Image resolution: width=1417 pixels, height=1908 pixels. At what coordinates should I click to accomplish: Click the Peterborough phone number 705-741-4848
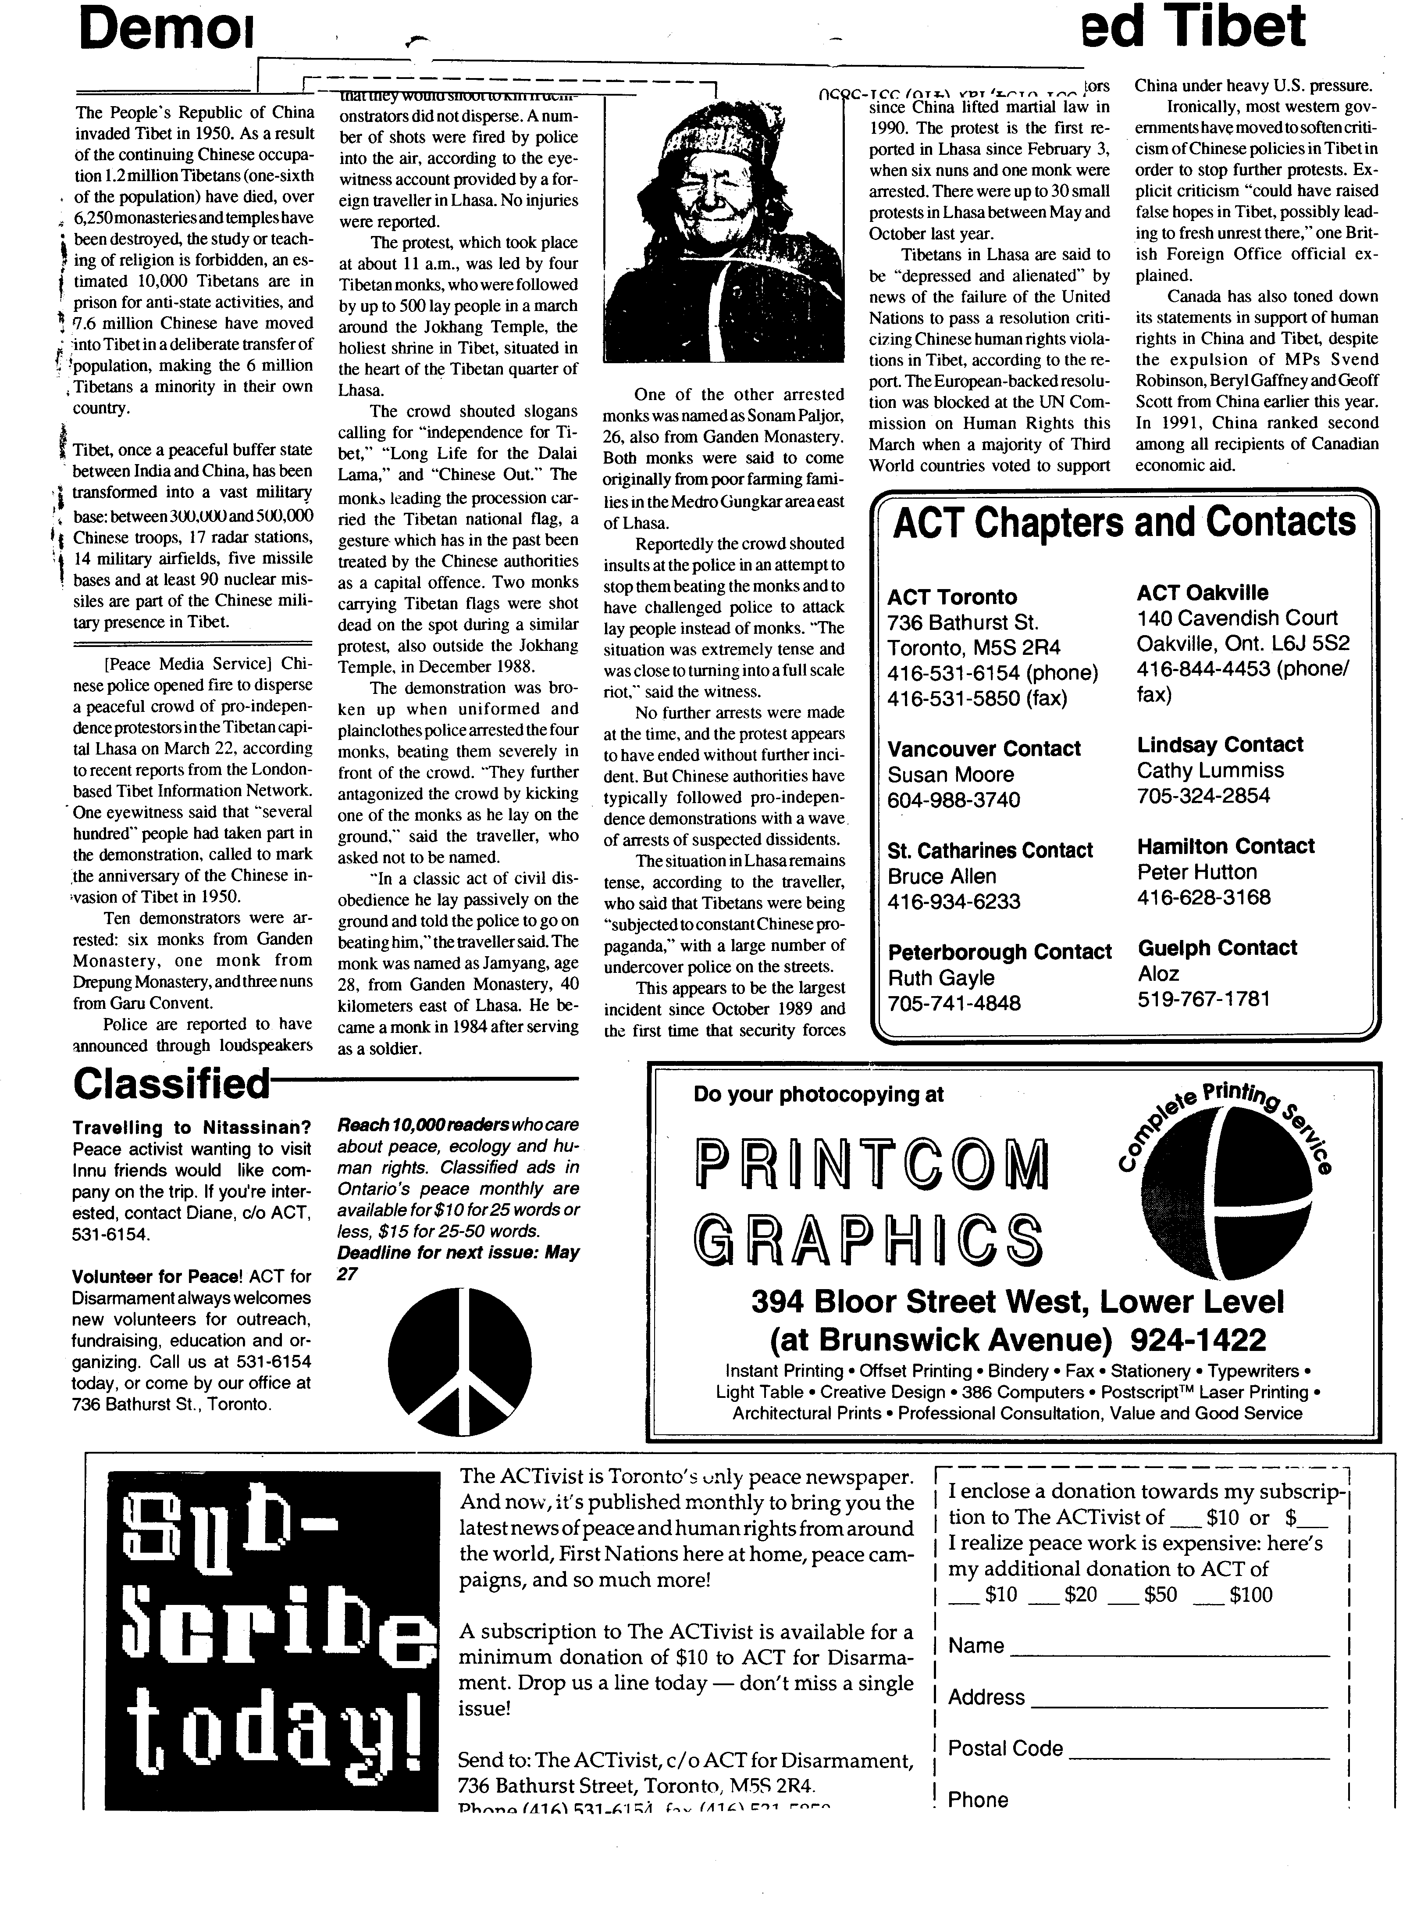(954, 1003)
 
